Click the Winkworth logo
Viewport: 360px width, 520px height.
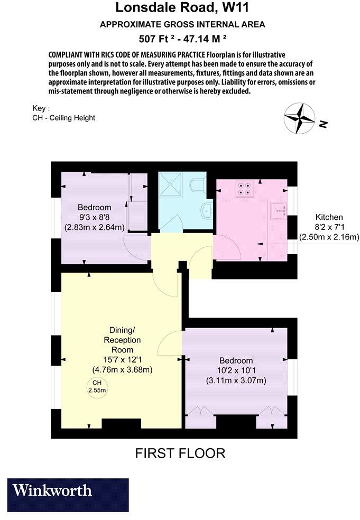coord(68,495)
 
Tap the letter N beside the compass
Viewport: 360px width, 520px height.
coord(324,125)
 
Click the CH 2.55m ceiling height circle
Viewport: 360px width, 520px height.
coord(97,387)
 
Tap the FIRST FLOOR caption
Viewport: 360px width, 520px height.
coord(180,453)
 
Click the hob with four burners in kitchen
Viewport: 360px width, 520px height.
coord(244,189)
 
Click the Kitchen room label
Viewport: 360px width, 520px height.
coord(329,217)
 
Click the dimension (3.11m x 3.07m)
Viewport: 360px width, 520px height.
coord(235,380)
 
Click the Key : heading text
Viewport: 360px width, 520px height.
coord(41,108)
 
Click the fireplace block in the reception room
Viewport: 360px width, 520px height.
coord(121,424)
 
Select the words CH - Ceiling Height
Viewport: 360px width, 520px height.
coord(63,118)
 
